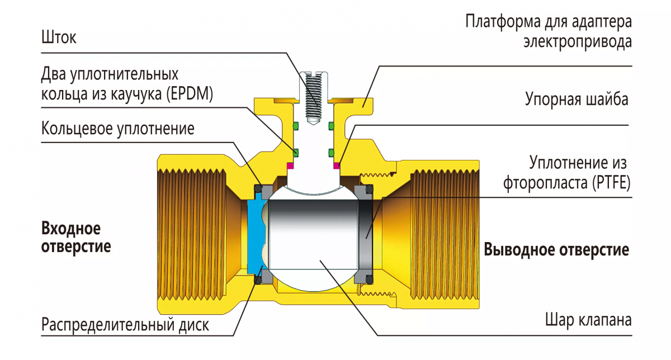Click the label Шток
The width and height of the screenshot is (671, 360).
click(58, 38)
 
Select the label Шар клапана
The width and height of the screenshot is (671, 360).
click(588, 321)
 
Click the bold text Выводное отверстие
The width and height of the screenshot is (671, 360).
click(556, 249)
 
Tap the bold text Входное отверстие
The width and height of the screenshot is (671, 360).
click(76, 237)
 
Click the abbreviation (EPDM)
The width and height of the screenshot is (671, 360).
click(190, 93)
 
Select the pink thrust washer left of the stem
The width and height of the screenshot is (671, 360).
click(290, 165)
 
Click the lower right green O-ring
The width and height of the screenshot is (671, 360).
click(331, 151)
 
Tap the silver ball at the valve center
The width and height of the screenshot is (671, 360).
click(313, 235)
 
